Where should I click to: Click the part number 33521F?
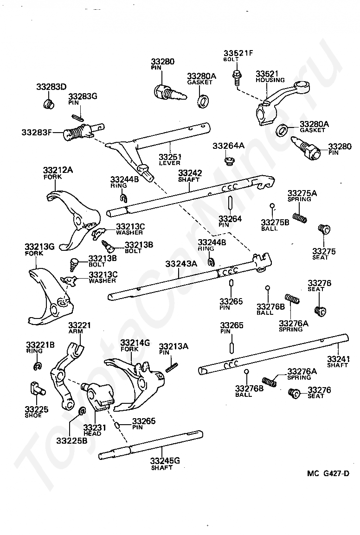point(238,53)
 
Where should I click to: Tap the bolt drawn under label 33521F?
point(236,77)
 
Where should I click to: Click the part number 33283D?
point(51,87)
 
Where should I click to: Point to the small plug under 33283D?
point(49,104)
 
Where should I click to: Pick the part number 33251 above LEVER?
point(170,157)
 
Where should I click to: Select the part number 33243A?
point(181,264)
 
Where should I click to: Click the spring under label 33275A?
point(299,217)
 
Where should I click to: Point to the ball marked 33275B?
point(272,206)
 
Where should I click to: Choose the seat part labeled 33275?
point(324,229)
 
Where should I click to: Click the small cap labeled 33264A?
point(229,160)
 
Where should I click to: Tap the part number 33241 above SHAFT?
point(338,359)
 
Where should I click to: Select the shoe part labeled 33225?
point(37,389)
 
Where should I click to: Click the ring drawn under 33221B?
point(38,366)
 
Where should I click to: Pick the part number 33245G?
point(165,461)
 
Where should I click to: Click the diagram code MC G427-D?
point(328,473)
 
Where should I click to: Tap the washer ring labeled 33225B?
point(82,411)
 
